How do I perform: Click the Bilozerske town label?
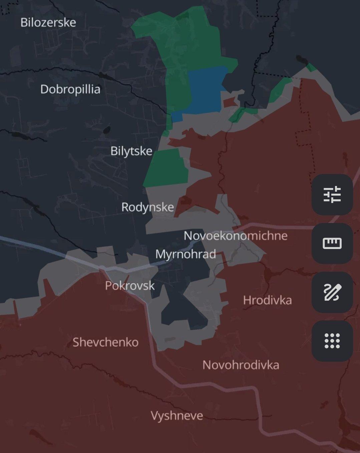tap(48, 23)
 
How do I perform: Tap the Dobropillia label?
tap(70, 89)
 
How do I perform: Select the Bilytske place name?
tap(131, 151)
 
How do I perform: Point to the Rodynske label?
tap(147, 207)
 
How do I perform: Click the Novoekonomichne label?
tap(236, 236)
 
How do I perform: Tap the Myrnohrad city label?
tap(186, 254)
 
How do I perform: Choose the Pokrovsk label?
tap(130, 286)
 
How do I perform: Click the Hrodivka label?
tap(267, 300)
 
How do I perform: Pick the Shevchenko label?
tap(105, 342)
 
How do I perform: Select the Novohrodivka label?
tap(241, 365)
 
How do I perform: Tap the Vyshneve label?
tap(177, 416)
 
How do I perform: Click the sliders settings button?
tap(332, 194)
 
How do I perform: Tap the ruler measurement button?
tap(332, 243)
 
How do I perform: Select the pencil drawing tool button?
tap(332, 292)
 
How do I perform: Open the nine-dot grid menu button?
tap(332, 341)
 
